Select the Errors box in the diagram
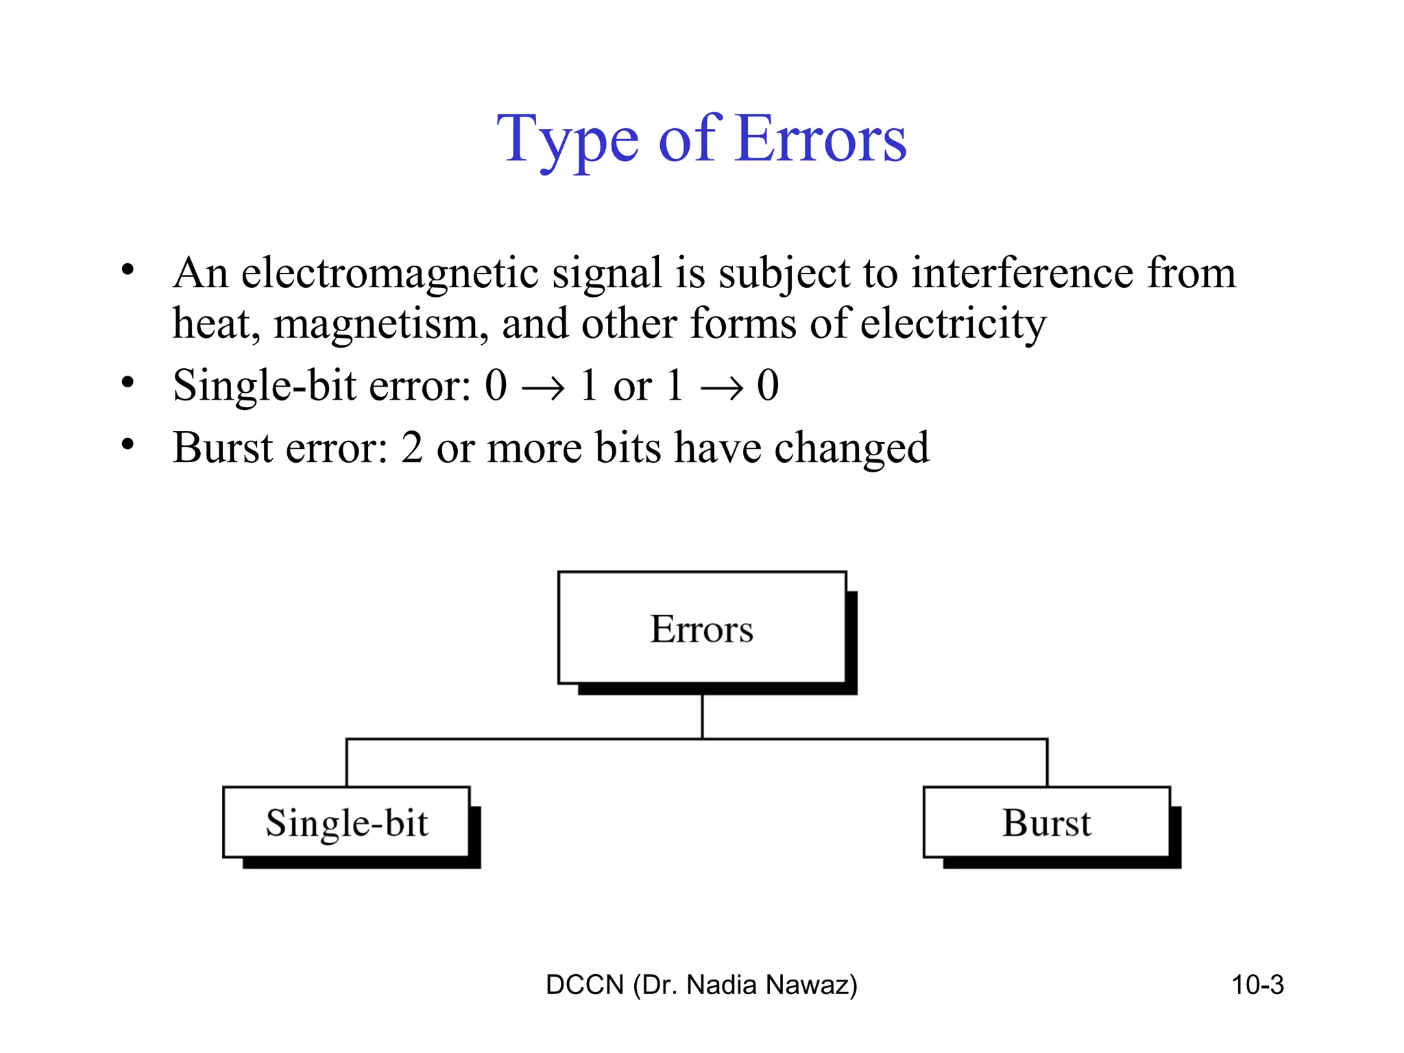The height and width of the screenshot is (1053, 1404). (x=702, y=628)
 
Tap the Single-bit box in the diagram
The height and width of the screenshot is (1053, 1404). (x=346, y=822)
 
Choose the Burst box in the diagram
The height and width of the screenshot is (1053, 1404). (x=1046, y=822)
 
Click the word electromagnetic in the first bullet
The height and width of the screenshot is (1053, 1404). (x=389, y=273)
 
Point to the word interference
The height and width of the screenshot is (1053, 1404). (x=1021, y=273)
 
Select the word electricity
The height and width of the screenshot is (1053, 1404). (x=953, y=324)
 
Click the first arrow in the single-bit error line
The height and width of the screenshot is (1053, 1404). (x=543, y=388)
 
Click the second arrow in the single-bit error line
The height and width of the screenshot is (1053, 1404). (x=721, y=388)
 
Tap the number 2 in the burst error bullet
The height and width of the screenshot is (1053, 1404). (x=412, y=448)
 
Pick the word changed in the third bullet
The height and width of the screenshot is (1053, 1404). (x=851, y=448)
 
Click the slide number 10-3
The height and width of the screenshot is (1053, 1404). (x=1257, y=985)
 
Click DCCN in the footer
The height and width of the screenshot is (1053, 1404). (x=585, y=985)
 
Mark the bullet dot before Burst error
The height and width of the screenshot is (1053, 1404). (x=128, y=445)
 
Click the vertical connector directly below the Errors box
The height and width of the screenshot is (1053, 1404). (x=702, y=716)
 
